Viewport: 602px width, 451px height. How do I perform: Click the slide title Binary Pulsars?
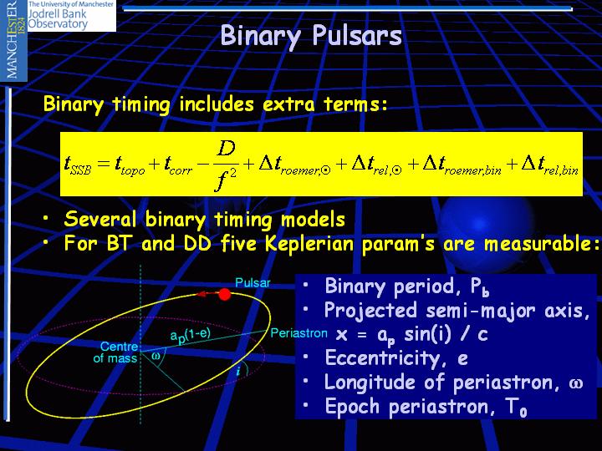[311, 36]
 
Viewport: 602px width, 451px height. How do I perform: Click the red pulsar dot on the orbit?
[225, 294]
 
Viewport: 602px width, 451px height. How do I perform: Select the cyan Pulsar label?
[253, 283]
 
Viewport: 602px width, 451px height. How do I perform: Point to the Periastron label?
[299, 333]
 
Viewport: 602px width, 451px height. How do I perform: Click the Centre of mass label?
[115, 352]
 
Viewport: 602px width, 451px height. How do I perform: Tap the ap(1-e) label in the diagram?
[191, 335]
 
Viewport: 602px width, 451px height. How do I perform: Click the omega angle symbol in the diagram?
[156, 356]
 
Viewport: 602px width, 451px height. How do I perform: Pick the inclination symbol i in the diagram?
[238, 371]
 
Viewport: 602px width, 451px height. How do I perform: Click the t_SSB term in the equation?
[78, 165]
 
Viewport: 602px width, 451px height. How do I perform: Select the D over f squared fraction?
[225, 165]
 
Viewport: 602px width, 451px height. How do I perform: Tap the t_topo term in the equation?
[130, 165]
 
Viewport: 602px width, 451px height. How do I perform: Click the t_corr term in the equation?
[178, 165]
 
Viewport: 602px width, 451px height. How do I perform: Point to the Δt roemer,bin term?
[462, 165]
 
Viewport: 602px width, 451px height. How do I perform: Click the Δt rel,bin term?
[549, 165]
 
